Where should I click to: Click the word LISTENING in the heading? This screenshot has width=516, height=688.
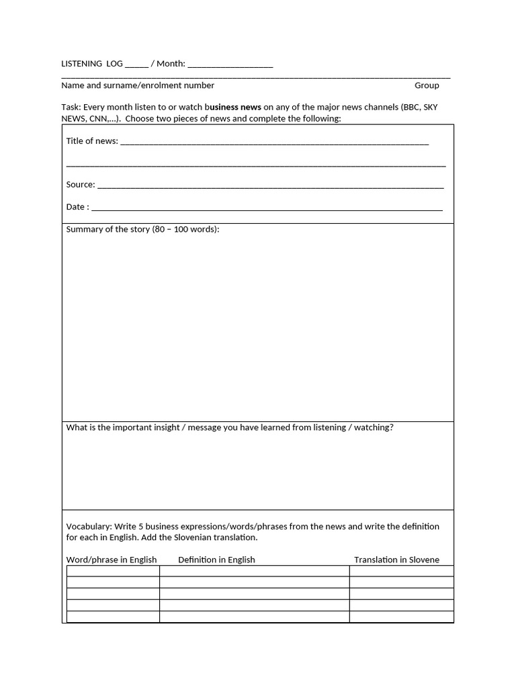click(x=81, y=64)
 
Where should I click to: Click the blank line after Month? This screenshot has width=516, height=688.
click(x=230, y=66)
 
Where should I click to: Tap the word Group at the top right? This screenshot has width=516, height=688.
click(x=427, y=85)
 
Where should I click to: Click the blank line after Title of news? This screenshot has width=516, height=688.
click(x=274, y=143)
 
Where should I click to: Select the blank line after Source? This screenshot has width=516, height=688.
click(x=270, y=187)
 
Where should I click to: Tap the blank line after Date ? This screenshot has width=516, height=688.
click(x=266, y=209)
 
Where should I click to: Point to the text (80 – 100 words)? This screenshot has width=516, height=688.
click(x=186, y=229)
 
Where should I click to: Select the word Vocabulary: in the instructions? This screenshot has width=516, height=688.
click(x=89, y=526)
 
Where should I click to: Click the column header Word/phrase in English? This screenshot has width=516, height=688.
click(x=112, y=560)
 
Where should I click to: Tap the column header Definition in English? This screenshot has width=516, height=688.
click(x=216, y=560)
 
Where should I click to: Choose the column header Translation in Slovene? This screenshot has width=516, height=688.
click(x=396, y=560)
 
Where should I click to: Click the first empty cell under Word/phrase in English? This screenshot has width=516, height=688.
click(x=113, y=571)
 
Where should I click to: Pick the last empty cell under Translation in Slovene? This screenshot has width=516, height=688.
click(x=401, y=617)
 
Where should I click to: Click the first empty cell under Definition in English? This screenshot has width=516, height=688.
click(x=254, y=571)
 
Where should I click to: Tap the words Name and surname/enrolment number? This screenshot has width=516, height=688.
click(x=138, y=85)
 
